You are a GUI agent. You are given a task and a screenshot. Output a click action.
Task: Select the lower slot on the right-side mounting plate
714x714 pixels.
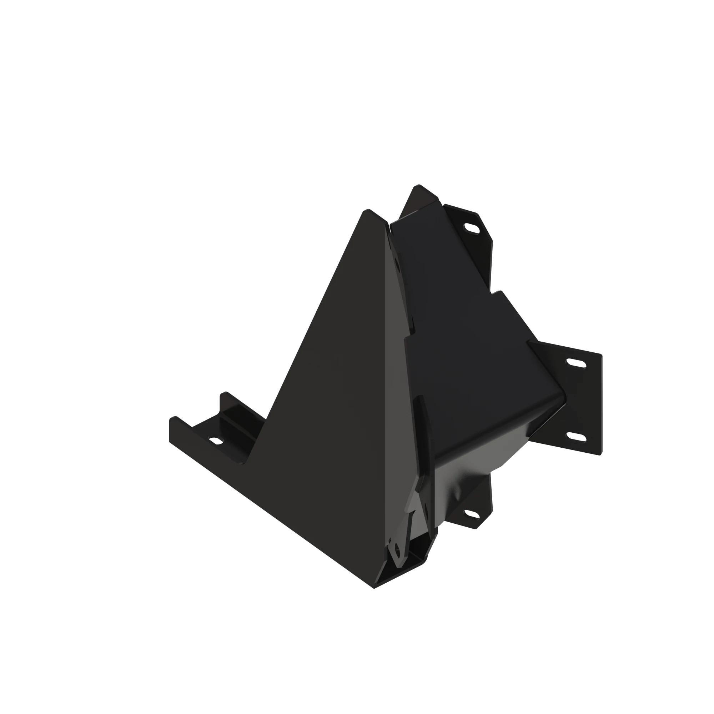[x=576, y=437]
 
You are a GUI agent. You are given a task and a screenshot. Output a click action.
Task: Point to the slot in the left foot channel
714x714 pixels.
[x=216, y=441]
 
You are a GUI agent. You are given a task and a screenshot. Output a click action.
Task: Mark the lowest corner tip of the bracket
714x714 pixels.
[x=374, y=588]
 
